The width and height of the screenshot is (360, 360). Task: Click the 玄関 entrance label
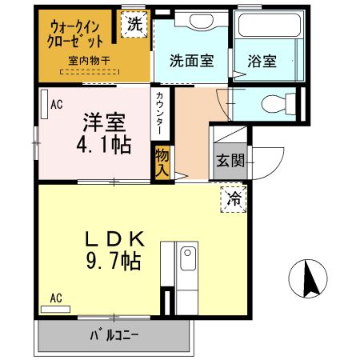[x=229, y=160]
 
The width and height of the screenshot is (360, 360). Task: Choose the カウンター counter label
[x=161, y=114]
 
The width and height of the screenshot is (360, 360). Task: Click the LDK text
[x=114, y=239]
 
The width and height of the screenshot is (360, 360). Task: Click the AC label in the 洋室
[x=57, y=103]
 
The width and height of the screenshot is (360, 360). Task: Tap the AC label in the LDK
[x=56, y=298]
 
